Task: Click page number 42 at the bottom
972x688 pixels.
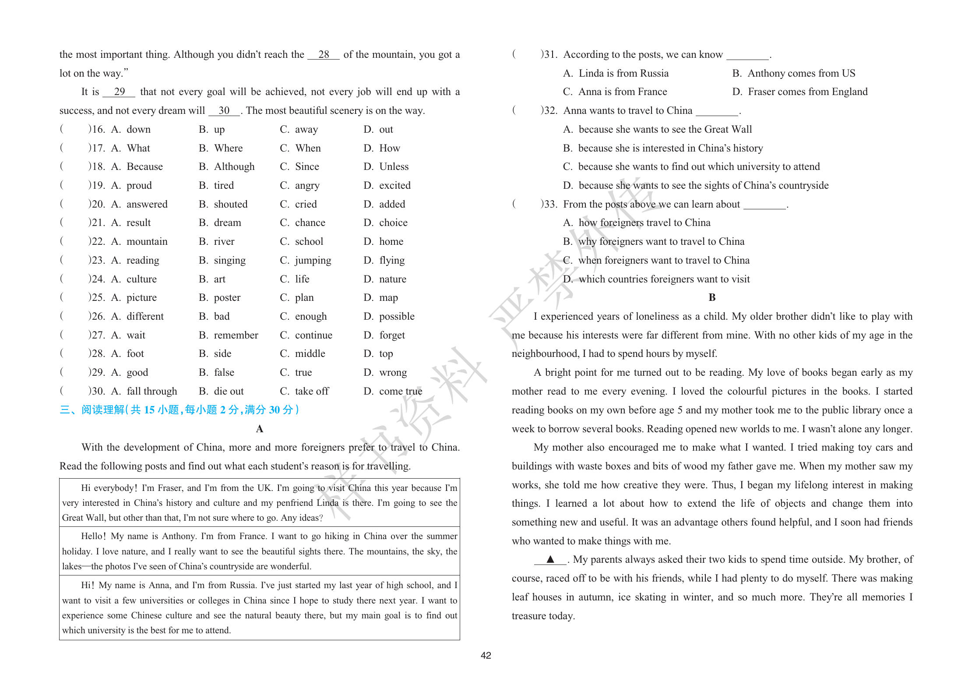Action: point(486,655)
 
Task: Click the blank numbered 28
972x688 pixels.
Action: point(324,55)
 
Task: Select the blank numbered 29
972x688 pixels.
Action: point(119,92)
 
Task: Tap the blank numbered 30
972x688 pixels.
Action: point(224,111)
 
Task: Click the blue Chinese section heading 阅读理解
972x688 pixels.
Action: point(103,410)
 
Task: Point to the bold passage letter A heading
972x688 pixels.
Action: point(259,429)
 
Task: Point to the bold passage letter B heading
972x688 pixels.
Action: point(712,297)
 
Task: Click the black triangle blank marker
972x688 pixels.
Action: point(550,559)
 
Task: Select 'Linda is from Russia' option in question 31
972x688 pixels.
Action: point(623,74)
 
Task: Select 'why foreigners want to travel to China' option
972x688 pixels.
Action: point(661,242)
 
